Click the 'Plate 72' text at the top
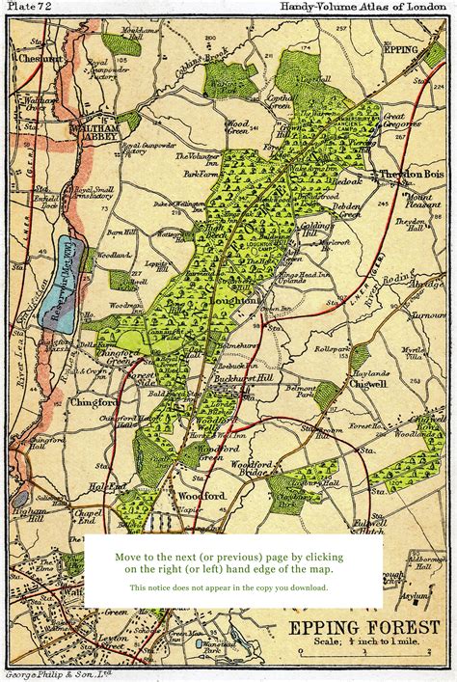(x=30, y=7)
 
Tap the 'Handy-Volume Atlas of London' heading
(x=364, y=7)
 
